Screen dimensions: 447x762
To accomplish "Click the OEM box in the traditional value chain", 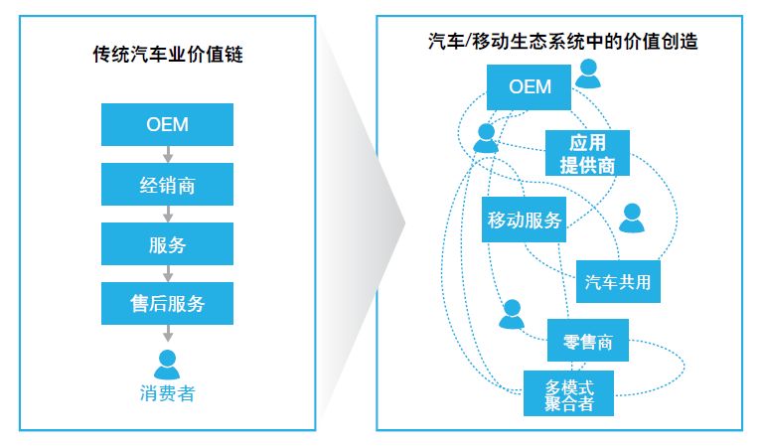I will (x=167, y=125).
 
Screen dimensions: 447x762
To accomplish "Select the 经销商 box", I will (x=167, y=185).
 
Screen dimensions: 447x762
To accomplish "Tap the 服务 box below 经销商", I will (x=167, y=244).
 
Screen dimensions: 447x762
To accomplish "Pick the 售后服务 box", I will (x=167, y=304).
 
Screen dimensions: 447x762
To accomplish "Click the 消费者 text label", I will (x=167, y=393).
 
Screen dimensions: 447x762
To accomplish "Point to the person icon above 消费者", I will (x=167, y=363).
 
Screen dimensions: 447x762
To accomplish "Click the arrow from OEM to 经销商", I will (x=167, y=155).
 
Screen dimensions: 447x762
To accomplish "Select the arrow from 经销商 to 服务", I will (x=167, y=215).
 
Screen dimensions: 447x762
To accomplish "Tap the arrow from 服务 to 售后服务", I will (x=167, y=274).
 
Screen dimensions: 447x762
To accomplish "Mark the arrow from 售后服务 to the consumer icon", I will (x=167, y=335).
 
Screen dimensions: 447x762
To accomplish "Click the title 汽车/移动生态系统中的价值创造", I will (x=562, y=41).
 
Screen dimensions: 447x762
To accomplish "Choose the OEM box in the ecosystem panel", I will (x=530, y=86).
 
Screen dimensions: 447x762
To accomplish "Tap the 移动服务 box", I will (x=525, y=220).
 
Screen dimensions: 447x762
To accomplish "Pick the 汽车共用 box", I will (x=619, y=281).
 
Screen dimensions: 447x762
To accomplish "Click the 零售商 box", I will (x=588, y=343).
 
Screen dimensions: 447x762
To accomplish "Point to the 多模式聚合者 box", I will (x=569, y=393).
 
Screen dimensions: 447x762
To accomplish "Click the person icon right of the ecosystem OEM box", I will (x=590, y=74).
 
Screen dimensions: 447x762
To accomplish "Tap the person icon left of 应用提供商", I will (x=486, y=138).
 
